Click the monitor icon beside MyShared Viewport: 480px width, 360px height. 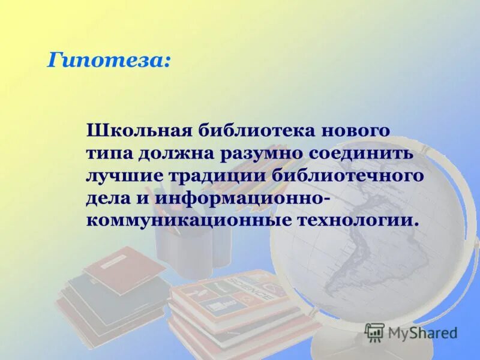click(x=374, y=332)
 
